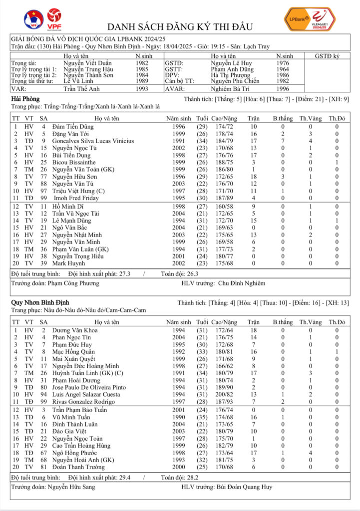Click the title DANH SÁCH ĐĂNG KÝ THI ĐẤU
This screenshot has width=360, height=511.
[180, 26]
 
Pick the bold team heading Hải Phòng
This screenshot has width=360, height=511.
[25, 99]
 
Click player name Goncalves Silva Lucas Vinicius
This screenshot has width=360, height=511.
[93, 141]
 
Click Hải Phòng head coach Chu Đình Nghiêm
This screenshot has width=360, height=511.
[242, 283]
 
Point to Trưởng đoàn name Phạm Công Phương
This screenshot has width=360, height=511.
[73, 283]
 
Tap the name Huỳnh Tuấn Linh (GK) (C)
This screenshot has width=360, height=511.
[88, 372]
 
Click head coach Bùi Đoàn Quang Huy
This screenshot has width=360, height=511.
[245, 487]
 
